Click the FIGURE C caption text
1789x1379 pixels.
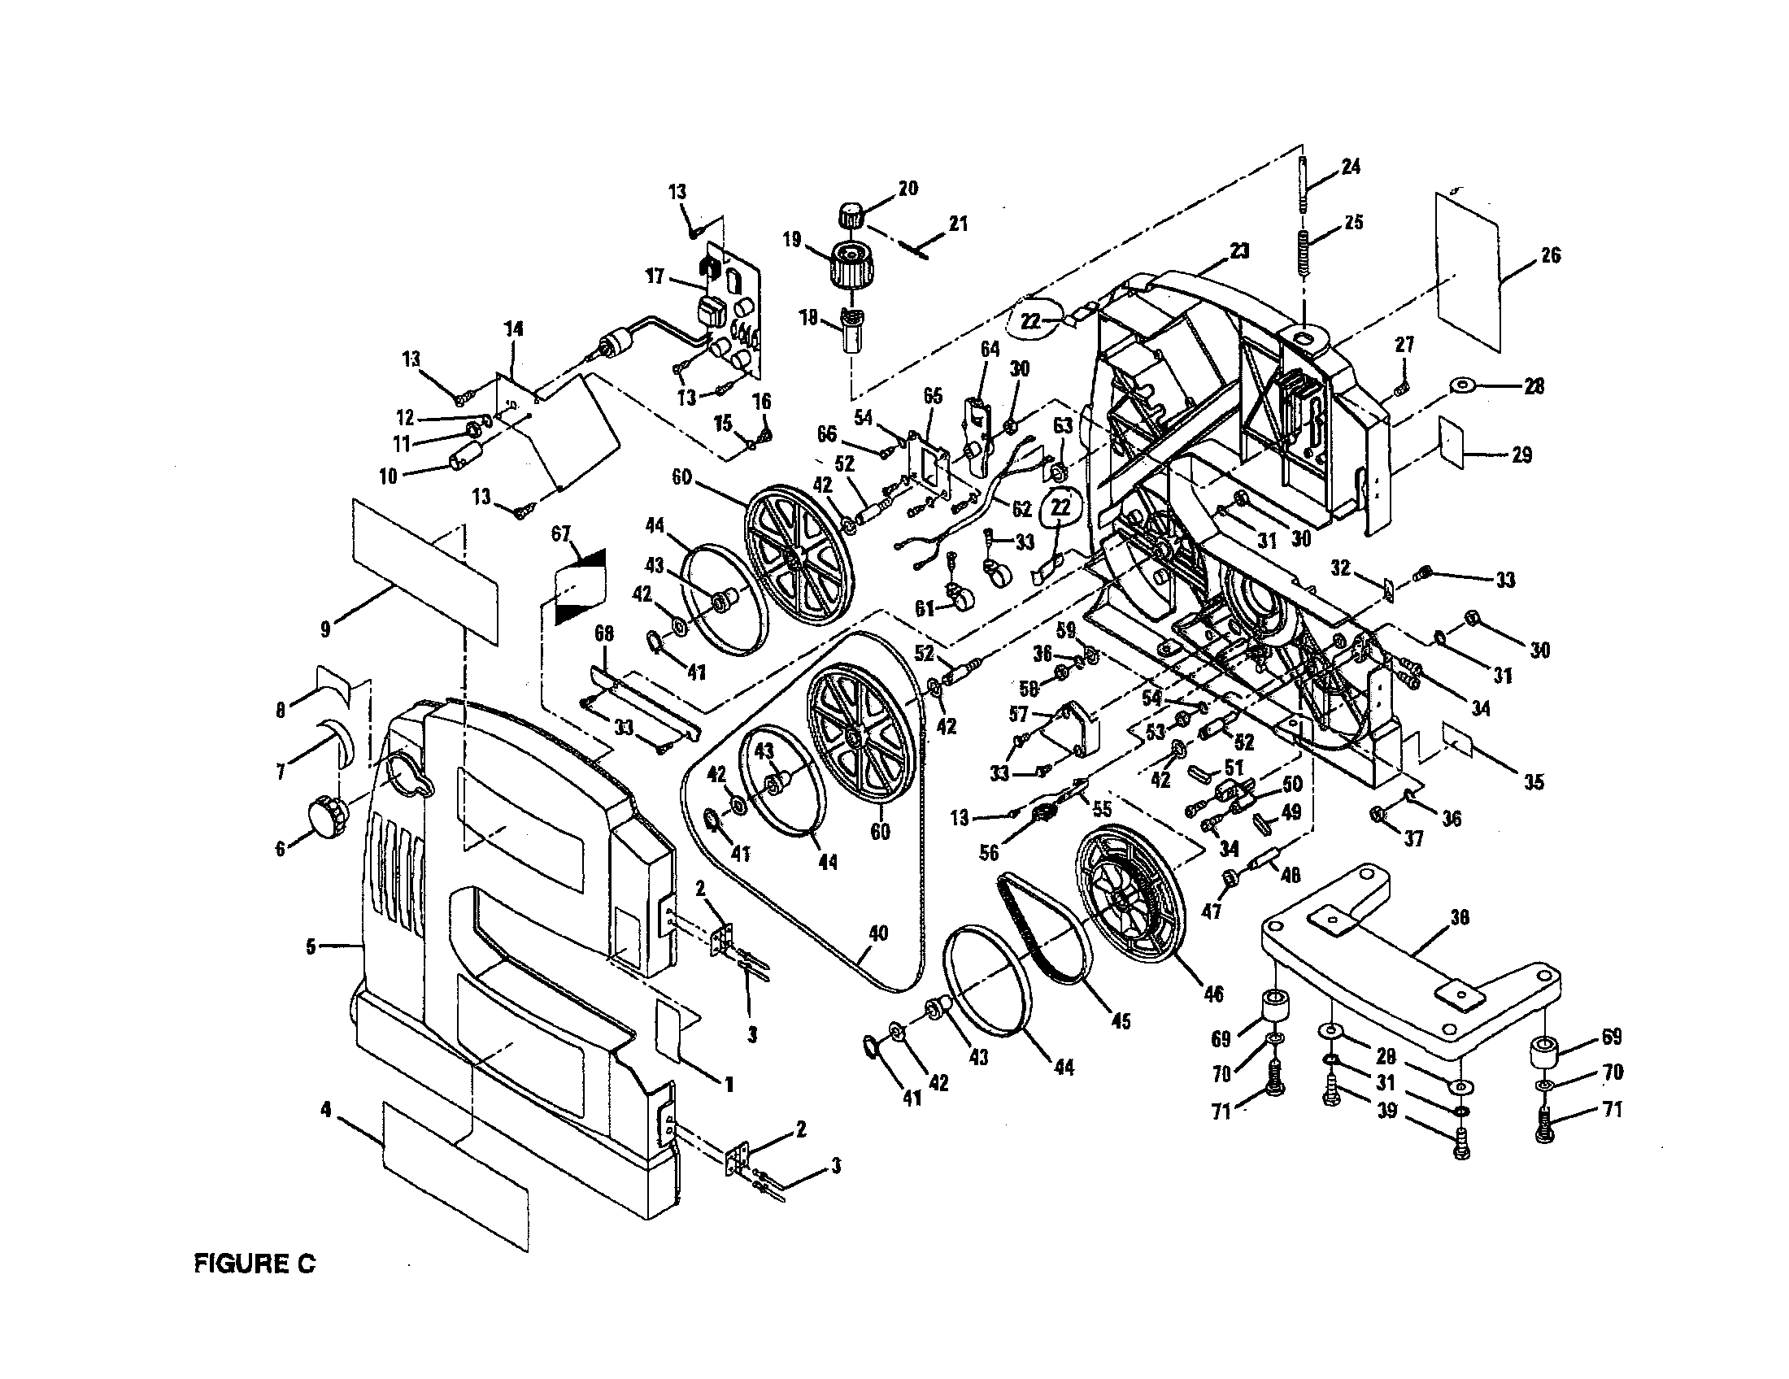[254, 1263]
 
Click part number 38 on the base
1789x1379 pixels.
[1459, 919]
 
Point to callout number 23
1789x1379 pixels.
[1239, 252]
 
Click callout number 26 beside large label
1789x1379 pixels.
[1550, 255]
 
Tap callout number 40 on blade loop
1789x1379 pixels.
[878, 933]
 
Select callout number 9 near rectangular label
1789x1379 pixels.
[325, 629]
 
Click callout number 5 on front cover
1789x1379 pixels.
[311, 946]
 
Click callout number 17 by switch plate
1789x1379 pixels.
[654, 276]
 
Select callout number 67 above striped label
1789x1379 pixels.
[560, 534]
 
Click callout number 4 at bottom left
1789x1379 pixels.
[326, 1110]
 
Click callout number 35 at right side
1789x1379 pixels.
[1534, 781]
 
